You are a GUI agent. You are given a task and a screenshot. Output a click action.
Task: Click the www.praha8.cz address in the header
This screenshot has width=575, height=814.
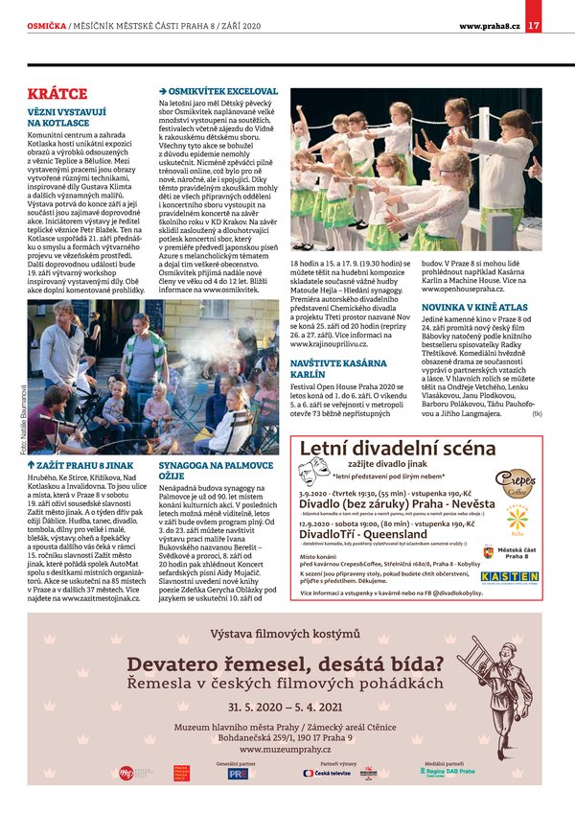click(490, 25)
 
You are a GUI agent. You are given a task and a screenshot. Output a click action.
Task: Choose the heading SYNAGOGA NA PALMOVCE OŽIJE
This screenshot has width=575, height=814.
click(208, 469)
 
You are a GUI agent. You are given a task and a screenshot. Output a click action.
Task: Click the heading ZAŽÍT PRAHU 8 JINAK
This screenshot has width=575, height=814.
click(81, 463)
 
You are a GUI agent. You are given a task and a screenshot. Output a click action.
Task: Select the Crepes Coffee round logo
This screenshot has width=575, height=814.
click(515, 482)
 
